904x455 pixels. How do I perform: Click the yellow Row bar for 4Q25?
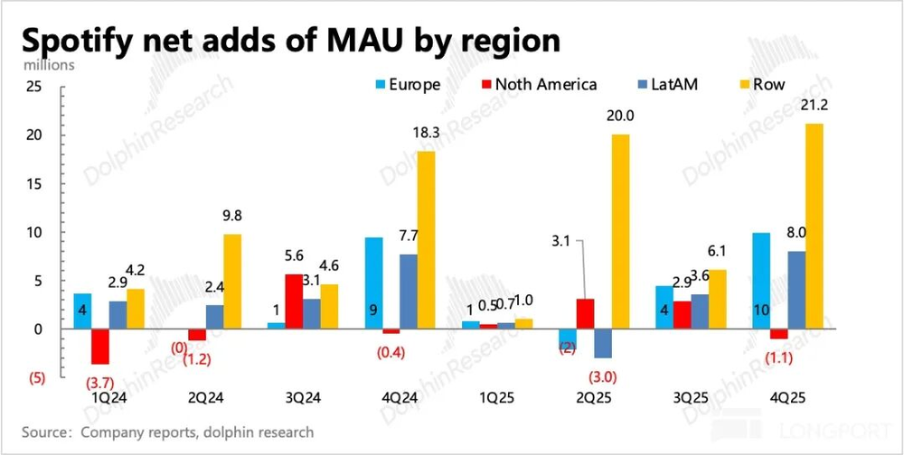(814, 226)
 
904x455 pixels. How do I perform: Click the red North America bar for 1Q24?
(99, 347)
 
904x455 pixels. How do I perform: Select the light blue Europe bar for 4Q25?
(761, 281)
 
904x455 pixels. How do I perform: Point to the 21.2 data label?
(813, 105)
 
